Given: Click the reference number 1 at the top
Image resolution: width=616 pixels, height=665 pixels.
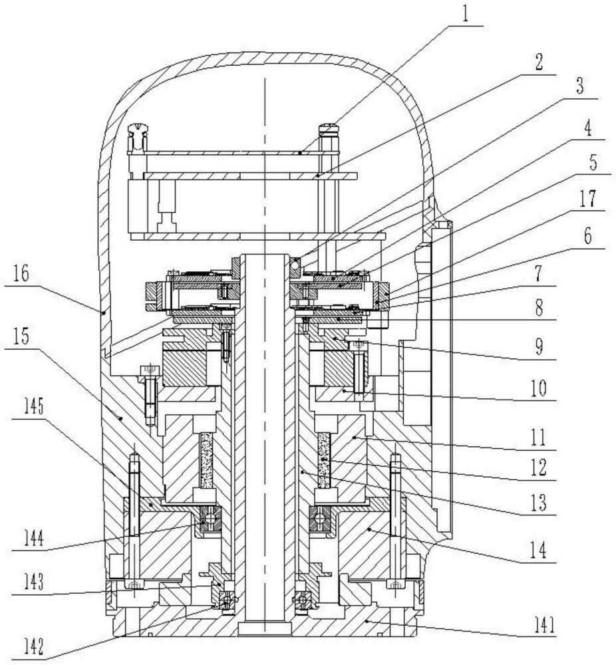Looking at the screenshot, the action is click(x=466, y=13).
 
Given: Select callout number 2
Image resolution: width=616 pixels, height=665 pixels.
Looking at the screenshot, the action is click(x=539, y=63).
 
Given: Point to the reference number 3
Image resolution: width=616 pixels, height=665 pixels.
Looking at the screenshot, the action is click(x=579, y=86).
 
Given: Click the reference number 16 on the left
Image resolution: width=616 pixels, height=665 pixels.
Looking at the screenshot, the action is click(x=21, y=274).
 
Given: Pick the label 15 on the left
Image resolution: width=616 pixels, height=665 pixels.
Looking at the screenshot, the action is click(x=21, y=336).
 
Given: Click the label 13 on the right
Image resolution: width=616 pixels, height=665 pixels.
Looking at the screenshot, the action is click(x=539, y=503).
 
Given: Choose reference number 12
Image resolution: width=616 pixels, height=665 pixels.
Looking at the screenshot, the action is click(x=539, y=467).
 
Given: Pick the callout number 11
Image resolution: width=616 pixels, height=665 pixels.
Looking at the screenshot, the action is click(x=539, y=437).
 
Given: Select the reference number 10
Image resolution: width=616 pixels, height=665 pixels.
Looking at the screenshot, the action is click(x=539, y=388).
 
